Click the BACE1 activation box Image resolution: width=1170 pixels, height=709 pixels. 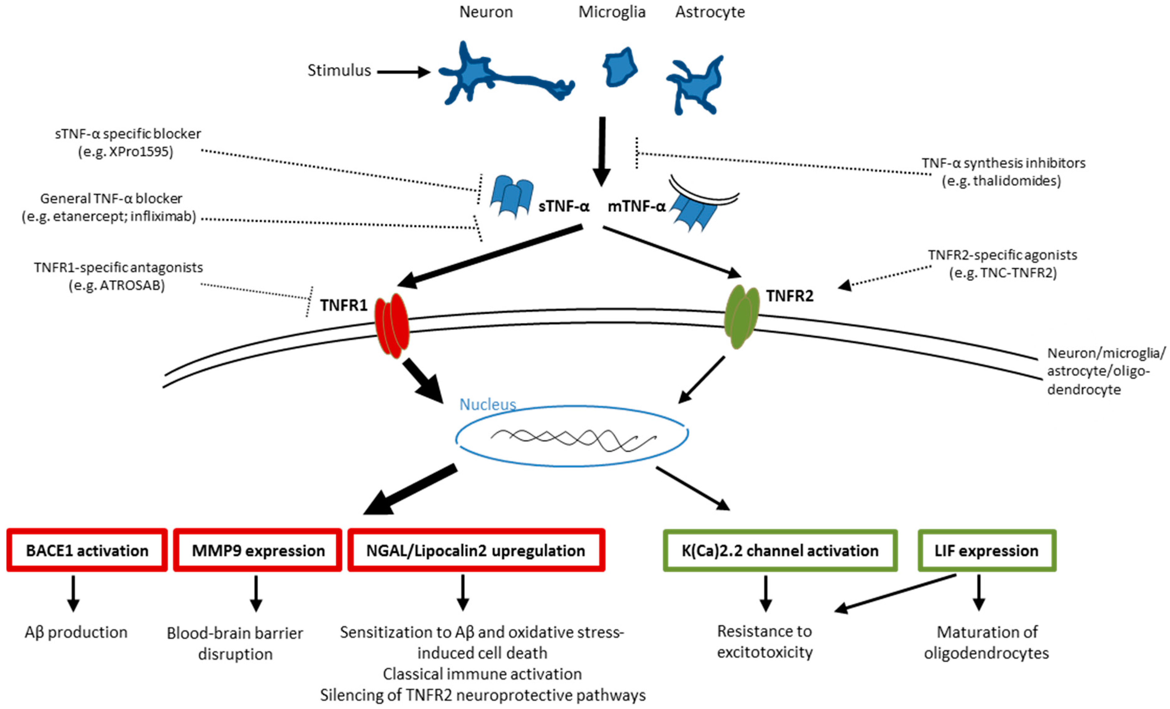click(x=87, y=550)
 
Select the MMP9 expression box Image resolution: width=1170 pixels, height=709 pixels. click(x=257, y=550)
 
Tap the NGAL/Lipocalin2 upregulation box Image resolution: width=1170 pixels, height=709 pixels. click(x=476, y=550)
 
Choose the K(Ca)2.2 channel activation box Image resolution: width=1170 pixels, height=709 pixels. click(x=780, y=550)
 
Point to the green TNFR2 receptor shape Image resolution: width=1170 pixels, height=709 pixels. click(x=741, y=316)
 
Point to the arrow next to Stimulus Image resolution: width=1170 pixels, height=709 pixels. click(x=403, y=72)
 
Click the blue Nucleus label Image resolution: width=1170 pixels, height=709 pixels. click(x=487, y=404)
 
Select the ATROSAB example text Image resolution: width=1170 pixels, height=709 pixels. click(x=117, y=285)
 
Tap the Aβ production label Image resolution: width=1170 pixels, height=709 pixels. click(x=76, y=632)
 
